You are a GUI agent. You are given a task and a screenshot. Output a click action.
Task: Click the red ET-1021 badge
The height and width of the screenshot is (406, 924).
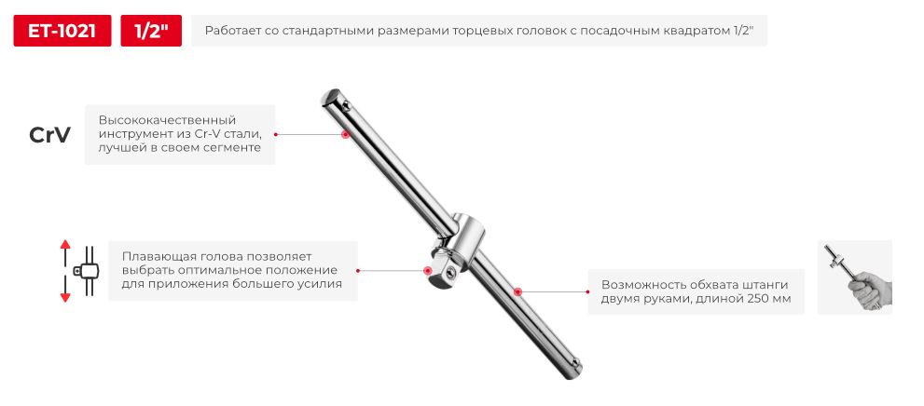62,31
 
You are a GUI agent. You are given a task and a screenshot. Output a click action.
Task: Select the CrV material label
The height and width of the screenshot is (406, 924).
49,135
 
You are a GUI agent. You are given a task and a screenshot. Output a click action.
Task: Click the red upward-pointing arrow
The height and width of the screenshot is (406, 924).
65,250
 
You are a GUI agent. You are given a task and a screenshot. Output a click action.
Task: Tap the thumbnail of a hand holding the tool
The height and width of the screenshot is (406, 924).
854,277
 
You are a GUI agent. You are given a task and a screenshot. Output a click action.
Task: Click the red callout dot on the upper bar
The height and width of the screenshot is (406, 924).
346,135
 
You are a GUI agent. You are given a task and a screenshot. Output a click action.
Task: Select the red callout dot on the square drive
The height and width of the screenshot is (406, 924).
428,271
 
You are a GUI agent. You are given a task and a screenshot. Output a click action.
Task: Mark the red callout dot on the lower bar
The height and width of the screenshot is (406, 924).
517,291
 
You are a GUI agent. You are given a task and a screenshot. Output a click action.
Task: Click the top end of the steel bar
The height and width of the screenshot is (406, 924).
331,96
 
